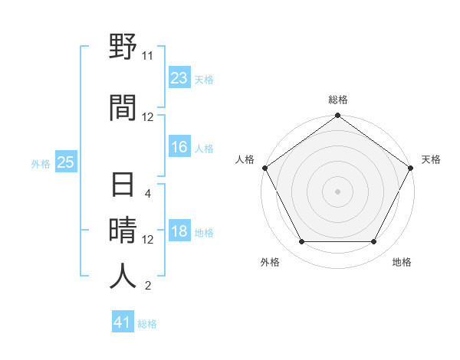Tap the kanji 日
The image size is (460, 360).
(x=123, y=186)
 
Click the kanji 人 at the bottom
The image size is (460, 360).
(x=123, y=276)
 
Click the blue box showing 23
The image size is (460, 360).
(x=179, y=77)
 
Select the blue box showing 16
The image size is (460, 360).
(x=179, y=148)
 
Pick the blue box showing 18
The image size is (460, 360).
(x=179, y=232)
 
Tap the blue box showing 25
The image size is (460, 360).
(x=65, y=162)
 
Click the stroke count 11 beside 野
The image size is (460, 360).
(x=148, y=56)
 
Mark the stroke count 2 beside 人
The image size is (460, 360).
(x=148, y=286)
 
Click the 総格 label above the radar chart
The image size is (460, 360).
(x=338, y=100)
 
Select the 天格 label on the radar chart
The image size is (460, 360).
(x=431, y=159)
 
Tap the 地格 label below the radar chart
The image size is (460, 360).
(x=401, y=263)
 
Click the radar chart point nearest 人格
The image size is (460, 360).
(x=265, y=168)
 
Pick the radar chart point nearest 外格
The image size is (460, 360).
(x=301, y=242)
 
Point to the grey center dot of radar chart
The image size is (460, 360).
(x=337, y=191)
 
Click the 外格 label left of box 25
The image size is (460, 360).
(x=41, y=163)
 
